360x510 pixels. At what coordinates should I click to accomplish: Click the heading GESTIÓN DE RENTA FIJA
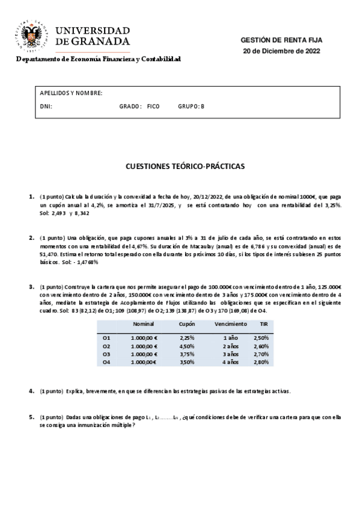click(x=281, y=40)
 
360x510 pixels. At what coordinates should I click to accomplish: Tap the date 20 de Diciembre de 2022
click(x=281, y=51)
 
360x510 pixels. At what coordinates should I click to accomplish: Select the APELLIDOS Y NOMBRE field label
click(x=71, y=93)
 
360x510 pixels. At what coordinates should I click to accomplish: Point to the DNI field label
click(x=46, y=106)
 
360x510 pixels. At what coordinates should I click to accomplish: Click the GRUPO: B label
click(x=191, y=106)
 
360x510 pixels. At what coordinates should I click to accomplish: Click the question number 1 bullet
click(x=31, y=196)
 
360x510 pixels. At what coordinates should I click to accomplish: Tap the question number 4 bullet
click(x=31, y=391)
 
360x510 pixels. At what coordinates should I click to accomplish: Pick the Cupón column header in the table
click(x=187, y=324)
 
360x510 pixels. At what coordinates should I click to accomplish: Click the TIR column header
click(x=263, y=324)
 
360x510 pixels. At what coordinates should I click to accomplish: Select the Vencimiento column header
click(x=230, y=324)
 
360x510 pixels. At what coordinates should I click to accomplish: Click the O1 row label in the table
click(x=106, y=338)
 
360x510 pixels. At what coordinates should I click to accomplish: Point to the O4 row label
click(x=106, y=362)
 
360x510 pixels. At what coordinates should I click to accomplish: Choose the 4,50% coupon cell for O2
click(x=187, y=346)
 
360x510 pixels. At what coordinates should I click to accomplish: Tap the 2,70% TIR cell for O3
click(x=261, y=354)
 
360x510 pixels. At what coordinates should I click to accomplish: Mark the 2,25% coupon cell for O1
click(x=187, y=338)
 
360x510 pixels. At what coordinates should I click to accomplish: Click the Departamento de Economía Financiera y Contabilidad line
click(x=98, y=59)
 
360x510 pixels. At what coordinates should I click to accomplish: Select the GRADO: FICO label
click(x=139, y=106)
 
